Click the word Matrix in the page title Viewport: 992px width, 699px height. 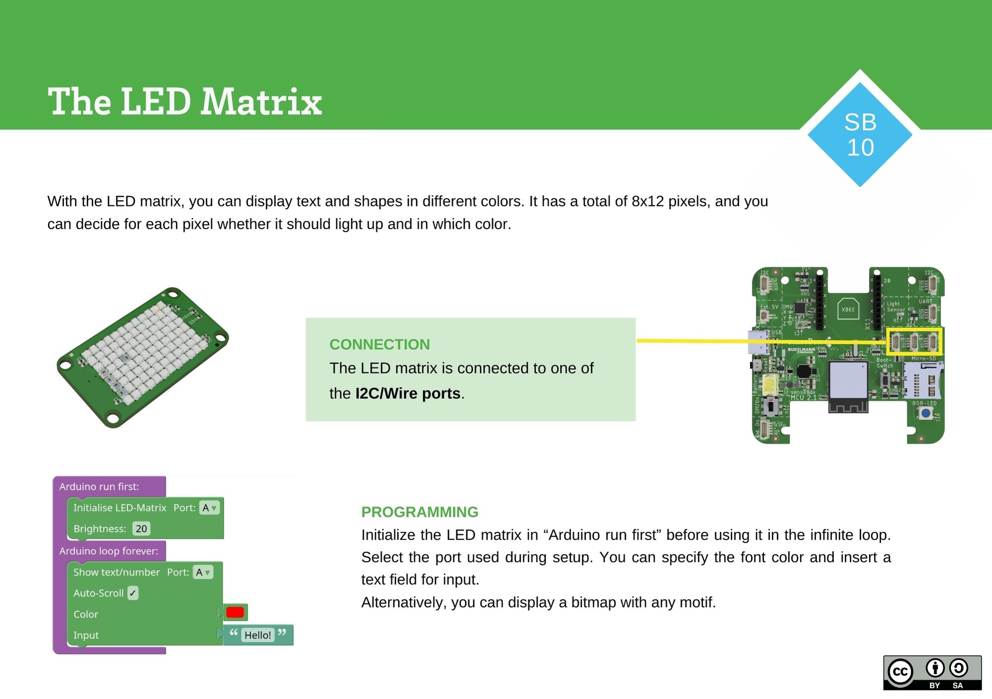pos(261,102)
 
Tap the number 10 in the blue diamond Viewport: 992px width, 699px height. pos(860,148)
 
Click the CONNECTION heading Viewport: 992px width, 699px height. pos(379,344)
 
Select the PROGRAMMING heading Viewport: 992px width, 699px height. pos(420,512)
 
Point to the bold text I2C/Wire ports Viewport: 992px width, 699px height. pos(408,393)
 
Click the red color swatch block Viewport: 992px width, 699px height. pos(235,612)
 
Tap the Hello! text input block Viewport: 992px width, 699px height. pos(257,635)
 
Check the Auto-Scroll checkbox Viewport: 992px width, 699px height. pos(132,593)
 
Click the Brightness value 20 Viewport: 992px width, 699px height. pos(141,529)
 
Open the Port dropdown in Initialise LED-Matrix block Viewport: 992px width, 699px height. pos(209,508)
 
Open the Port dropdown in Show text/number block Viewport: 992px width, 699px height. pos(202,572)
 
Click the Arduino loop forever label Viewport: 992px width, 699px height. pos(109,551)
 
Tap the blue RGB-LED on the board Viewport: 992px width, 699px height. pos(925,413)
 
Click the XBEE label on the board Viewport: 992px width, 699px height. pos(848,310)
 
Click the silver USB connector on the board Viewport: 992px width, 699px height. pos(757,342)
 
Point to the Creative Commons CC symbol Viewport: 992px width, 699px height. pos(900,672)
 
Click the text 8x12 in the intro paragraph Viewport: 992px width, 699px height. pos(647,201)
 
